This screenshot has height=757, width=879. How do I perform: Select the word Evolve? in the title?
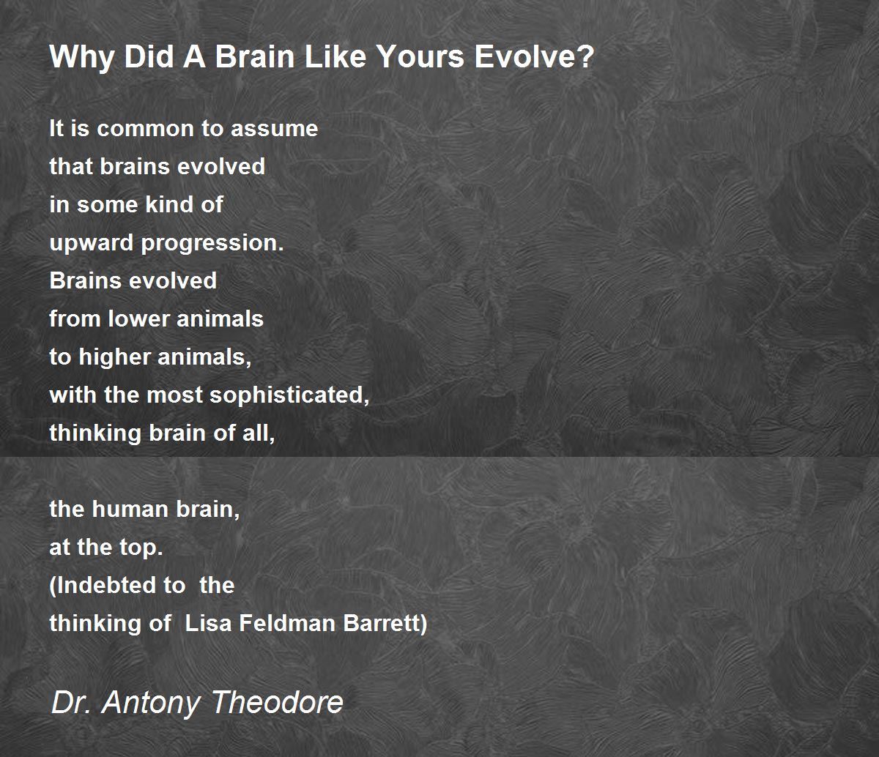pos(534,56)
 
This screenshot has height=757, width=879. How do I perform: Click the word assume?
pos(274,129)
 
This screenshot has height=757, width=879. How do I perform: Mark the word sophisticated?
pos(289,396)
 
